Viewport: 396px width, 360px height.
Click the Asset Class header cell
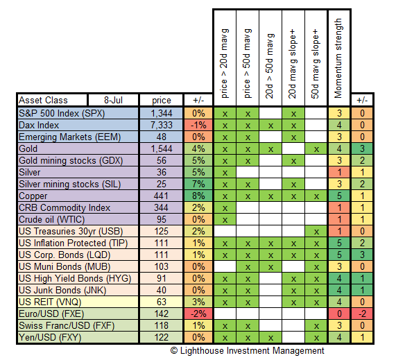tap(52, 101)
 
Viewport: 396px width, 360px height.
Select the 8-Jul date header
tap(114, 101)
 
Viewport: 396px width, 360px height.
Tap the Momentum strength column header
tap(339, 58)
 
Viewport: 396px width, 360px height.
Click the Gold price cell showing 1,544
tap(162, 148)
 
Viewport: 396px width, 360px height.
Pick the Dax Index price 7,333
tap(162, 125)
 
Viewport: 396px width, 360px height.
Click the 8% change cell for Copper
tap(198, 196)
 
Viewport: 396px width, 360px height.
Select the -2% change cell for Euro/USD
tap(198, 314)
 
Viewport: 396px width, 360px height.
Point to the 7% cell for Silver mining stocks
tap(198, 184)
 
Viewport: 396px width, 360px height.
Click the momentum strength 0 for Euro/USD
tap(339, 314)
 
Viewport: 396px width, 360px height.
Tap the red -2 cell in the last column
tap(362, 314)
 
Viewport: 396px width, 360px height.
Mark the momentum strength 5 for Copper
tap(339, 196)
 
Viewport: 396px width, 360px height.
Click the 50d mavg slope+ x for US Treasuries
tap(316, 232)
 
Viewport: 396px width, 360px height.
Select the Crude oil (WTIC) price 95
tap(162, 219)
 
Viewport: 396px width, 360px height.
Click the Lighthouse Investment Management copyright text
tap(248, 351)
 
